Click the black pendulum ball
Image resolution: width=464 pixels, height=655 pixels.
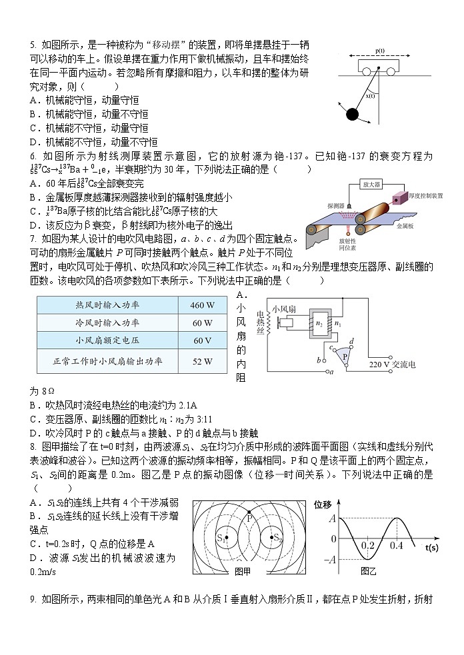pyautogui.click(x=352, y=114)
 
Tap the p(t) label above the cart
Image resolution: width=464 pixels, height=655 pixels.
pyautogui.click(x=379, y=51)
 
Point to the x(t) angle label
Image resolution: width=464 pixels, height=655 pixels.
pyautogui.click(x=371, y=95)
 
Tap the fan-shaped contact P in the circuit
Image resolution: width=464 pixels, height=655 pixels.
pyautogui.click(x=345, y=356)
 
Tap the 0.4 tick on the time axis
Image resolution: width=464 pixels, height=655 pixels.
pyautogui.click(x=397, y=546)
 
